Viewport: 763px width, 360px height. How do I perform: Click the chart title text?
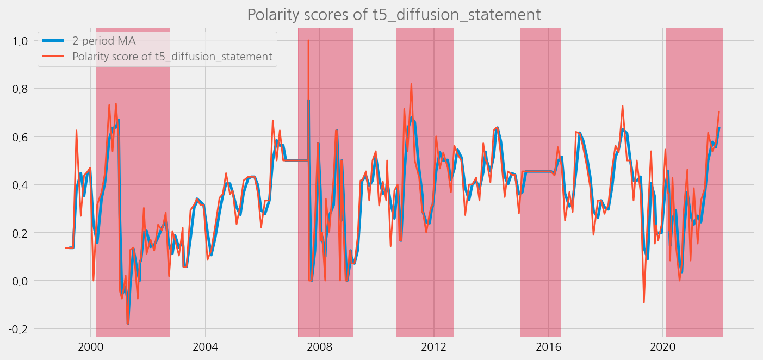tap(394, 15)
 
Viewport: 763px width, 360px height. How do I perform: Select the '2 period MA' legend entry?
tap(104, 41)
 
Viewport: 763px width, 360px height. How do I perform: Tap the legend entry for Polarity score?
tap(172, 57)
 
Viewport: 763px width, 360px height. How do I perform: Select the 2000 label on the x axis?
tap(91, 346)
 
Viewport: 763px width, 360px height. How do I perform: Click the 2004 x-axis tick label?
tap(206, 346)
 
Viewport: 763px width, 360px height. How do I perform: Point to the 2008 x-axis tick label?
tap(320, 346)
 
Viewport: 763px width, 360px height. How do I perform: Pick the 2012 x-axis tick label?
tap(434, 346)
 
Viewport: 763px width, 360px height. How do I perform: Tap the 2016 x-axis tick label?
tap(549, 346)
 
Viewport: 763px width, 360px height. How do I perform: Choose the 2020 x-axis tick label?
tap(663, 346)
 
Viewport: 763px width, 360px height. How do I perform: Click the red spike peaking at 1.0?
tap(308, 41)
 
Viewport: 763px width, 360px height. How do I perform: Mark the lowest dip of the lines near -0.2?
tap(128, 324)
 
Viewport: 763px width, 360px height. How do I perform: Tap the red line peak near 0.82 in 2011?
tap(411, 84)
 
